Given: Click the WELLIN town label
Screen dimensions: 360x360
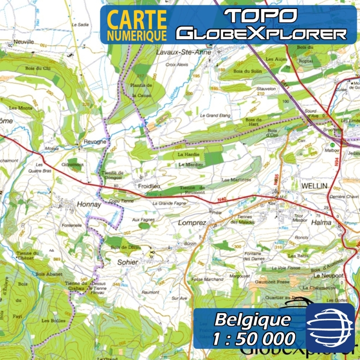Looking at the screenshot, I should [x=315, y=186].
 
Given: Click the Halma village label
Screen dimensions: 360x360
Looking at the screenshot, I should [x=321, y=222].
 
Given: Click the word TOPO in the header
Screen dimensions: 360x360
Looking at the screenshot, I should [x=261, y=16].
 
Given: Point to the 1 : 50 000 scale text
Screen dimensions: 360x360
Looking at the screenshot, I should [x=254, y=338].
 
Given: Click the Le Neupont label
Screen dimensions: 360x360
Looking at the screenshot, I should [x=329, y=275].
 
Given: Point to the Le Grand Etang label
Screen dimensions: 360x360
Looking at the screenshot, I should [x=216, y=116].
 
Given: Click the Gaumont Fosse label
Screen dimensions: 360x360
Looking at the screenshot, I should [x=272, y=282].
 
